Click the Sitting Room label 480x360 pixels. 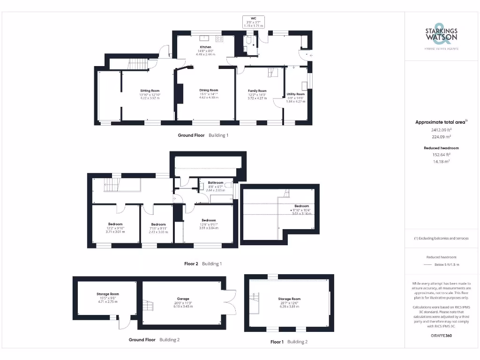[150, 90]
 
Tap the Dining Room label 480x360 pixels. [209, 90]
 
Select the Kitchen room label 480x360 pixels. [205, 47]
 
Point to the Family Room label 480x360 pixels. [257, 91]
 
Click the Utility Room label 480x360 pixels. [296, 94]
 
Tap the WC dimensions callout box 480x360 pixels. [254, 22]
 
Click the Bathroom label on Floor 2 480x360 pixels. [216, 182]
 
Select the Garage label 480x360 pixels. [183, 298]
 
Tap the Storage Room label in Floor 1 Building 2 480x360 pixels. [289, 299]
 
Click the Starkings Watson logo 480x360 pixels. [441, 36]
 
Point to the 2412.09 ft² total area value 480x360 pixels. [441, 130]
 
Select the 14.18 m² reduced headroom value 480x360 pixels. [441, 161]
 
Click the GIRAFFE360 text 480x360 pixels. [441, 336]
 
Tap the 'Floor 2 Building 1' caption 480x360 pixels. [203, 264]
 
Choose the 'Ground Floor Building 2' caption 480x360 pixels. [154, 339]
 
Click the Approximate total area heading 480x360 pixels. [441, 122]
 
